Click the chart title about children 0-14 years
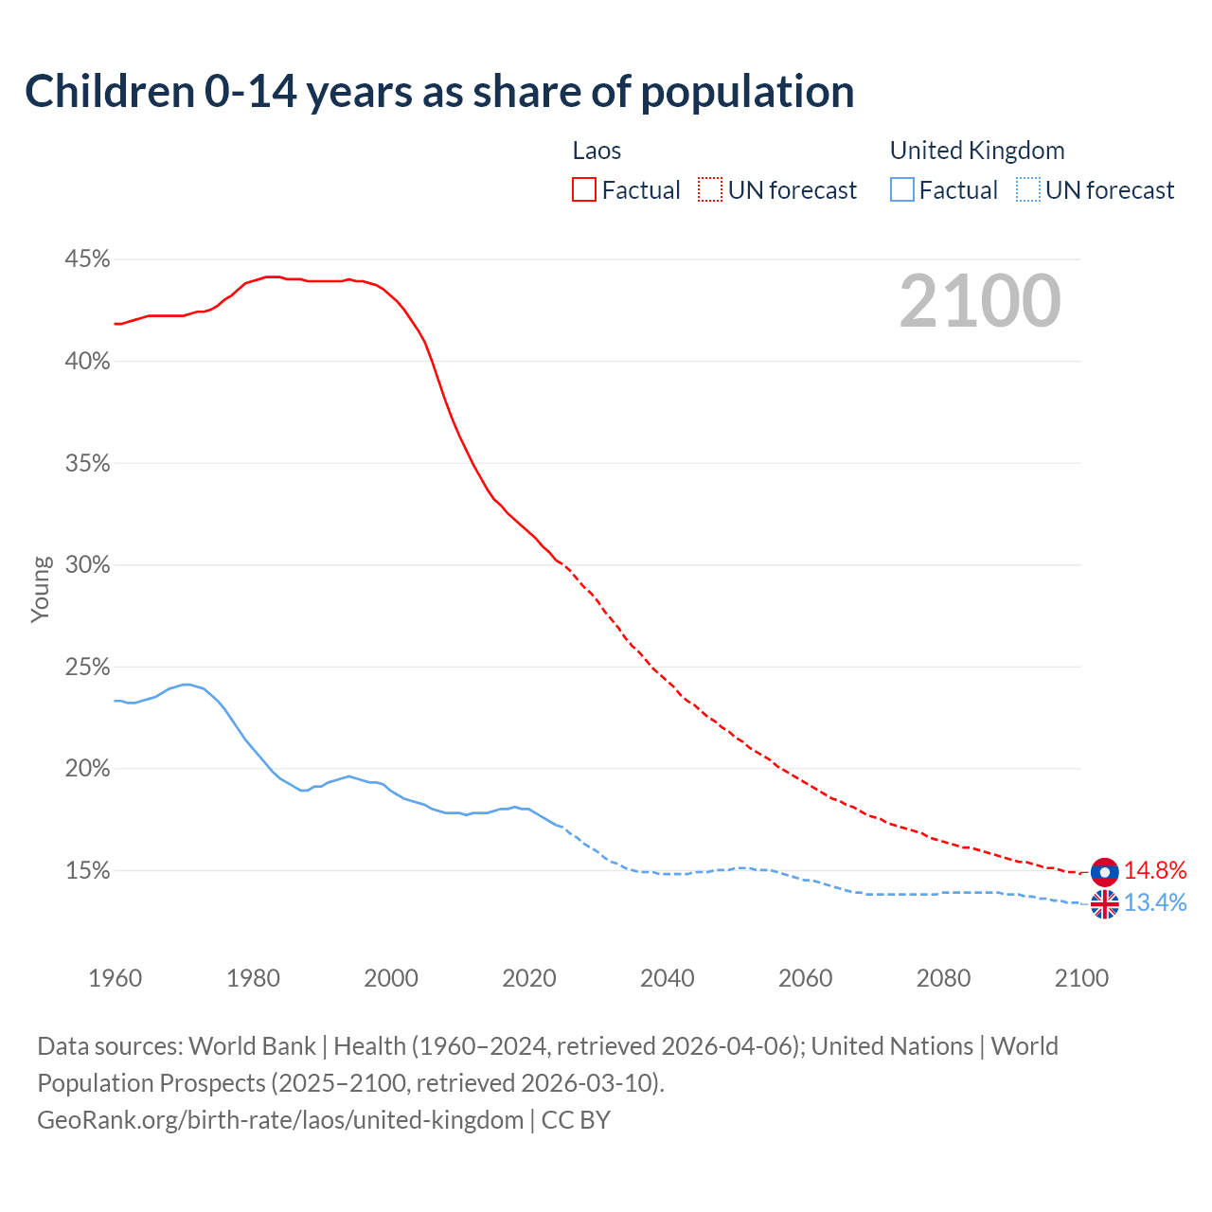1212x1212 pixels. [x=439, y=92]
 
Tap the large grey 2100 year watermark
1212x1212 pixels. [x=980, y=301]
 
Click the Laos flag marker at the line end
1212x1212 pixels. [x=1104, y=871]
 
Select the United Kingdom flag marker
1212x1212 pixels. [x=1104, y=904]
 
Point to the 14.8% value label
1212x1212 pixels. [x=1155, y=871]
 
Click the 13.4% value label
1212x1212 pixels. [x=1155, y=903]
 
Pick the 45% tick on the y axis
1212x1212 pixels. [x=87, y=259]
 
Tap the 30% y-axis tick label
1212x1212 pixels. [x=87, y=565]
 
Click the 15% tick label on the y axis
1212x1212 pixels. [x=87, y=871]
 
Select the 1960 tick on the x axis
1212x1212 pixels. [x=115, y=978]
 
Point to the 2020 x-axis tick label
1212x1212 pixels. [x=529, y=978]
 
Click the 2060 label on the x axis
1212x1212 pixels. [x=805, y=978]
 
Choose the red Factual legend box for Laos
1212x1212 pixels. [x=584, y=190]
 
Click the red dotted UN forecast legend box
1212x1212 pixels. [x=710, y=190]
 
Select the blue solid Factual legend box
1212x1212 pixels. [x=902, y=190]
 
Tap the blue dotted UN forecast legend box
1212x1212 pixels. [x=1028, y=190]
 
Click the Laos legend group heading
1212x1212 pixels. [x=597, y=151]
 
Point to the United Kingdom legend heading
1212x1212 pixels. [x=977, y=151]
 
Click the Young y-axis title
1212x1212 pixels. [x=40, y=589]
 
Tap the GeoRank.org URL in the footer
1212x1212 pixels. [x=280, y=1120]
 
